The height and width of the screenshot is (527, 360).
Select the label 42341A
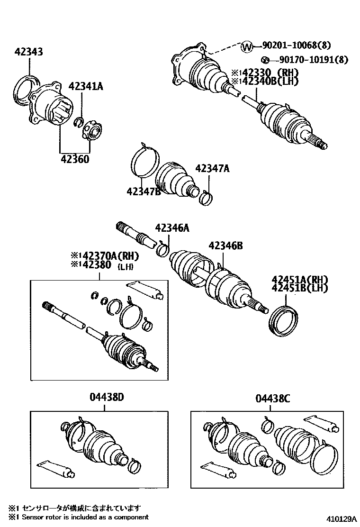85,86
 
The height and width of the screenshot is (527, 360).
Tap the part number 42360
74,159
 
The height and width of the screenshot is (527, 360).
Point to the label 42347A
212,168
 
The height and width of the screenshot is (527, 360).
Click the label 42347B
144,191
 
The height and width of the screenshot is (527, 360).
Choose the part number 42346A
172,228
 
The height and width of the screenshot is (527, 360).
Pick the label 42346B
225,245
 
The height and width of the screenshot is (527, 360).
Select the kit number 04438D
107,398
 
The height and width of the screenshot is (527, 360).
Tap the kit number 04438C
272,399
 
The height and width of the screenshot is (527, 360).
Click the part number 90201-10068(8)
297,45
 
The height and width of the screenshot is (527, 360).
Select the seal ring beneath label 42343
24,88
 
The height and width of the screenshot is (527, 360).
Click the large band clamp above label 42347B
144,163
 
